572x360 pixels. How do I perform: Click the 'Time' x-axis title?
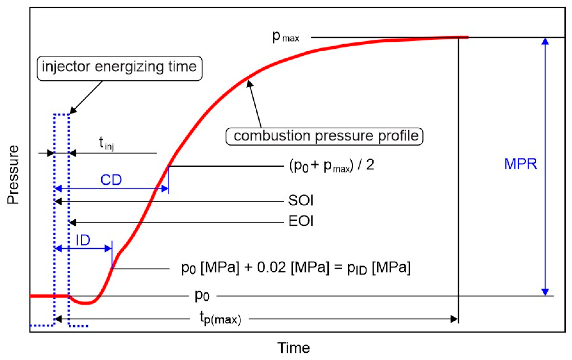click(293, 348)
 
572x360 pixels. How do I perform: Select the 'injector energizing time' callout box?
click(119, 68)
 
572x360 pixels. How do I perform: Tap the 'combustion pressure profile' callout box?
click(324, 136)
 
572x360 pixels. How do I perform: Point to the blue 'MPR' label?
click(520, 164)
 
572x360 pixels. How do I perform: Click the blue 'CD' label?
click(111, 180)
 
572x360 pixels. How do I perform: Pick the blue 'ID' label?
click(83, 240)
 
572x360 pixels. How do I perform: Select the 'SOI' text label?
click(301, 200)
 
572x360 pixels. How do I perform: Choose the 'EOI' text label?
click(301, 221)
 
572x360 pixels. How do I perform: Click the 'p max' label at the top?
click(285, 37)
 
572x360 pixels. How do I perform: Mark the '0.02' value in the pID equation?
click(271, 268)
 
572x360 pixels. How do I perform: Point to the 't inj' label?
click(106, 144)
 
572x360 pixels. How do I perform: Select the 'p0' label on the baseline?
click(202, 296)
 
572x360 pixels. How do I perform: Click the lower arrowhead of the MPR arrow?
click(545, 292)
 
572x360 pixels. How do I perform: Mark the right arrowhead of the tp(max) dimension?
click(454, 319)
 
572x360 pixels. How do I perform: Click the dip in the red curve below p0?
click(85, 303)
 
